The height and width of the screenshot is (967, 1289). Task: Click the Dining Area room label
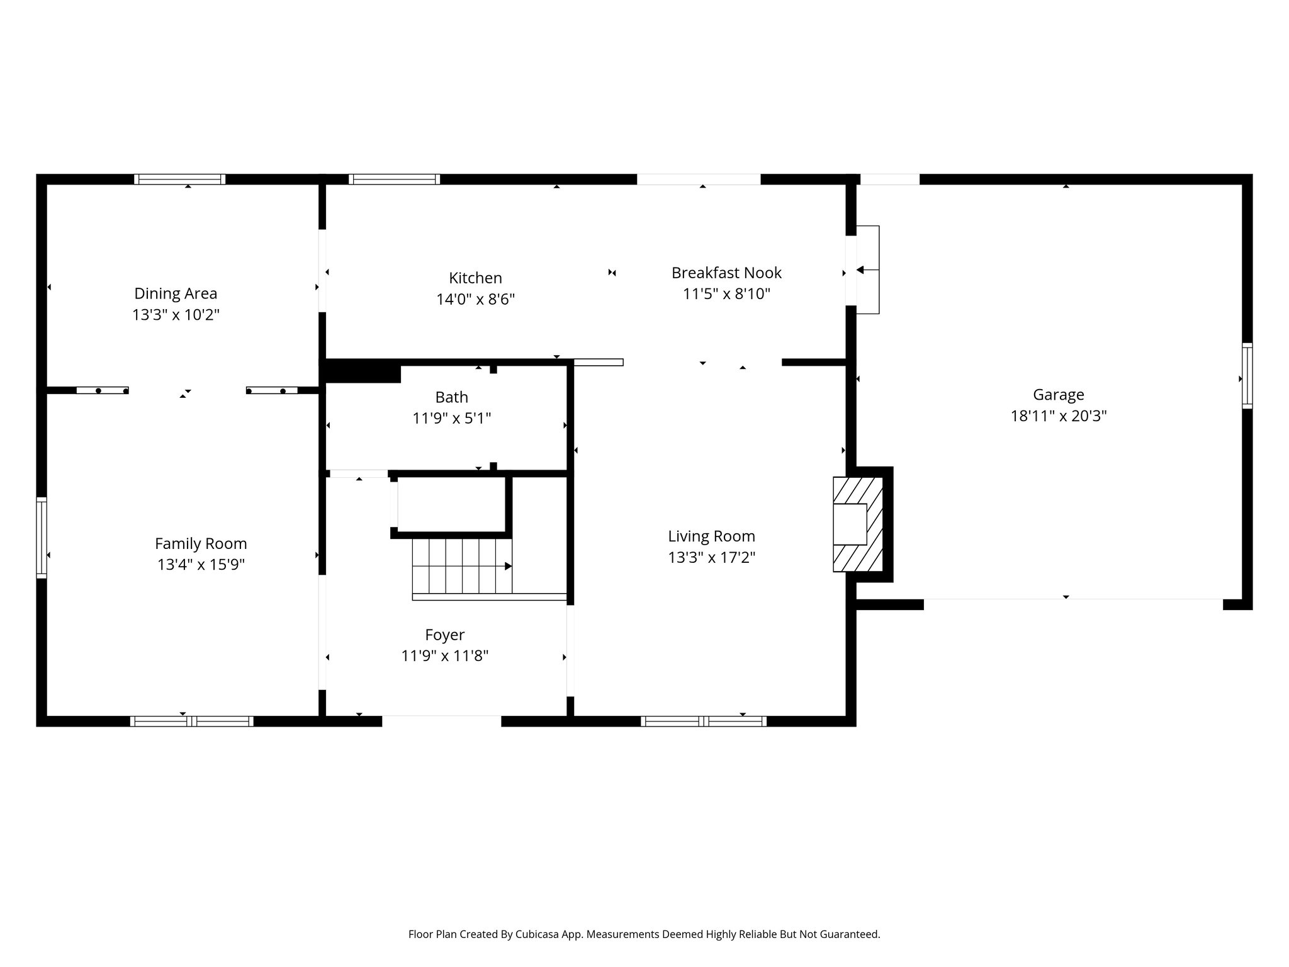pos(176,293)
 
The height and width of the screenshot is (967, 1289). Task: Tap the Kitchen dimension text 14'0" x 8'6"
pos(475,299)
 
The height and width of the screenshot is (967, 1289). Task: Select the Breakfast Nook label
pos(726,273)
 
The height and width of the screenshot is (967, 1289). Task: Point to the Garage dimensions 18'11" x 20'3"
pos(1058,416)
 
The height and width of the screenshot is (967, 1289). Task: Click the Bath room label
pos(451,397)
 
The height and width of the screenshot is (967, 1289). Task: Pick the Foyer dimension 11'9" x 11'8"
pos(444,656)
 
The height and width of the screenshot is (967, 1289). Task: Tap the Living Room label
pos(711,536)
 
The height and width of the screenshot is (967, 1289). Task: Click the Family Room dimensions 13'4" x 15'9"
pos(201,565)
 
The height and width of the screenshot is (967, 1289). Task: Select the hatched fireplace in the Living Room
pos(857,524)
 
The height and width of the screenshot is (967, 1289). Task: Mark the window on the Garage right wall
pos(1246,376)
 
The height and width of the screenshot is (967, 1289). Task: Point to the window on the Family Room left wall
pos(42,537)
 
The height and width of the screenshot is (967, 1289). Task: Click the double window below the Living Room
pos(703,721)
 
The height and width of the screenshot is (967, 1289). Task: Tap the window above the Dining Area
pos(179,179)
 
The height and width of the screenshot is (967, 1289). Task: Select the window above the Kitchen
pos(394,179)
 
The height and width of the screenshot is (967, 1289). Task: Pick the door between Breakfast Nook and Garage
pos(852,271)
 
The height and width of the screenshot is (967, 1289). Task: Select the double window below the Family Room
pos(191,721)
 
